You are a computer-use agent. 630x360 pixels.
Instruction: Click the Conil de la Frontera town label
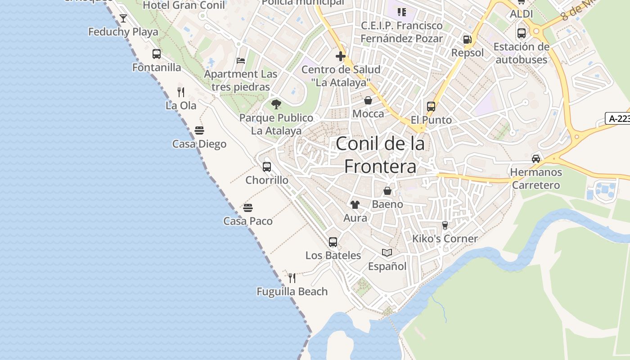380,155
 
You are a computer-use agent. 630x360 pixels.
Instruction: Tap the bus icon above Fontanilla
157,54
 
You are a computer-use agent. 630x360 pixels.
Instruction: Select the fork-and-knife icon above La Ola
181,92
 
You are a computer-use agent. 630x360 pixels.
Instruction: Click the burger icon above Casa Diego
199,130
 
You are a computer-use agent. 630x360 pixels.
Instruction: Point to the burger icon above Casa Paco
248,207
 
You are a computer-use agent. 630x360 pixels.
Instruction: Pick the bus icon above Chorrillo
267,167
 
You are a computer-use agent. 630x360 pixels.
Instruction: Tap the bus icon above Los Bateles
333,242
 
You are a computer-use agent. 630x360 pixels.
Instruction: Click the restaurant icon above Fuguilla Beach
292,278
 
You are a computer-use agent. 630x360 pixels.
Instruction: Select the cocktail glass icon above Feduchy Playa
123,18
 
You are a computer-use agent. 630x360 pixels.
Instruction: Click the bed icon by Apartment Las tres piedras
241,61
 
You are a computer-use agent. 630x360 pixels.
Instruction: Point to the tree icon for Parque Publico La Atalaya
276,104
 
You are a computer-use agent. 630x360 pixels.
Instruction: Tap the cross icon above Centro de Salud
341,56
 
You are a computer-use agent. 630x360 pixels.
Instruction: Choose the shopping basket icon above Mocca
368,100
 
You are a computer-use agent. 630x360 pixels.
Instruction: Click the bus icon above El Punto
431,107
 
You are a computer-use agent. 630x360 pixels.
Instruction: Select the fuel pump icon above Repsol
468,40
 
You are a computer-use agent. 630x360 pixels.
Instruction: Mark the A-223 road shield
618,118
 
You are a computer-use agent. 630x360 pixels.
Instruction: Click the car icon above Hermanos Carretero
536,159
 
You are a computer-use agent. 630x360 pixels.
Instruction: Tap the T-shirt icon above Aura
355,205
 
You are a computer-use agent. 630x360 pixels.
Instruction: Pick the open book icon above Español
387,252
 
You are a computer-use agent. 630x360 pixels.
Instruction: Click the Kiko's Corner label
445,238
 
